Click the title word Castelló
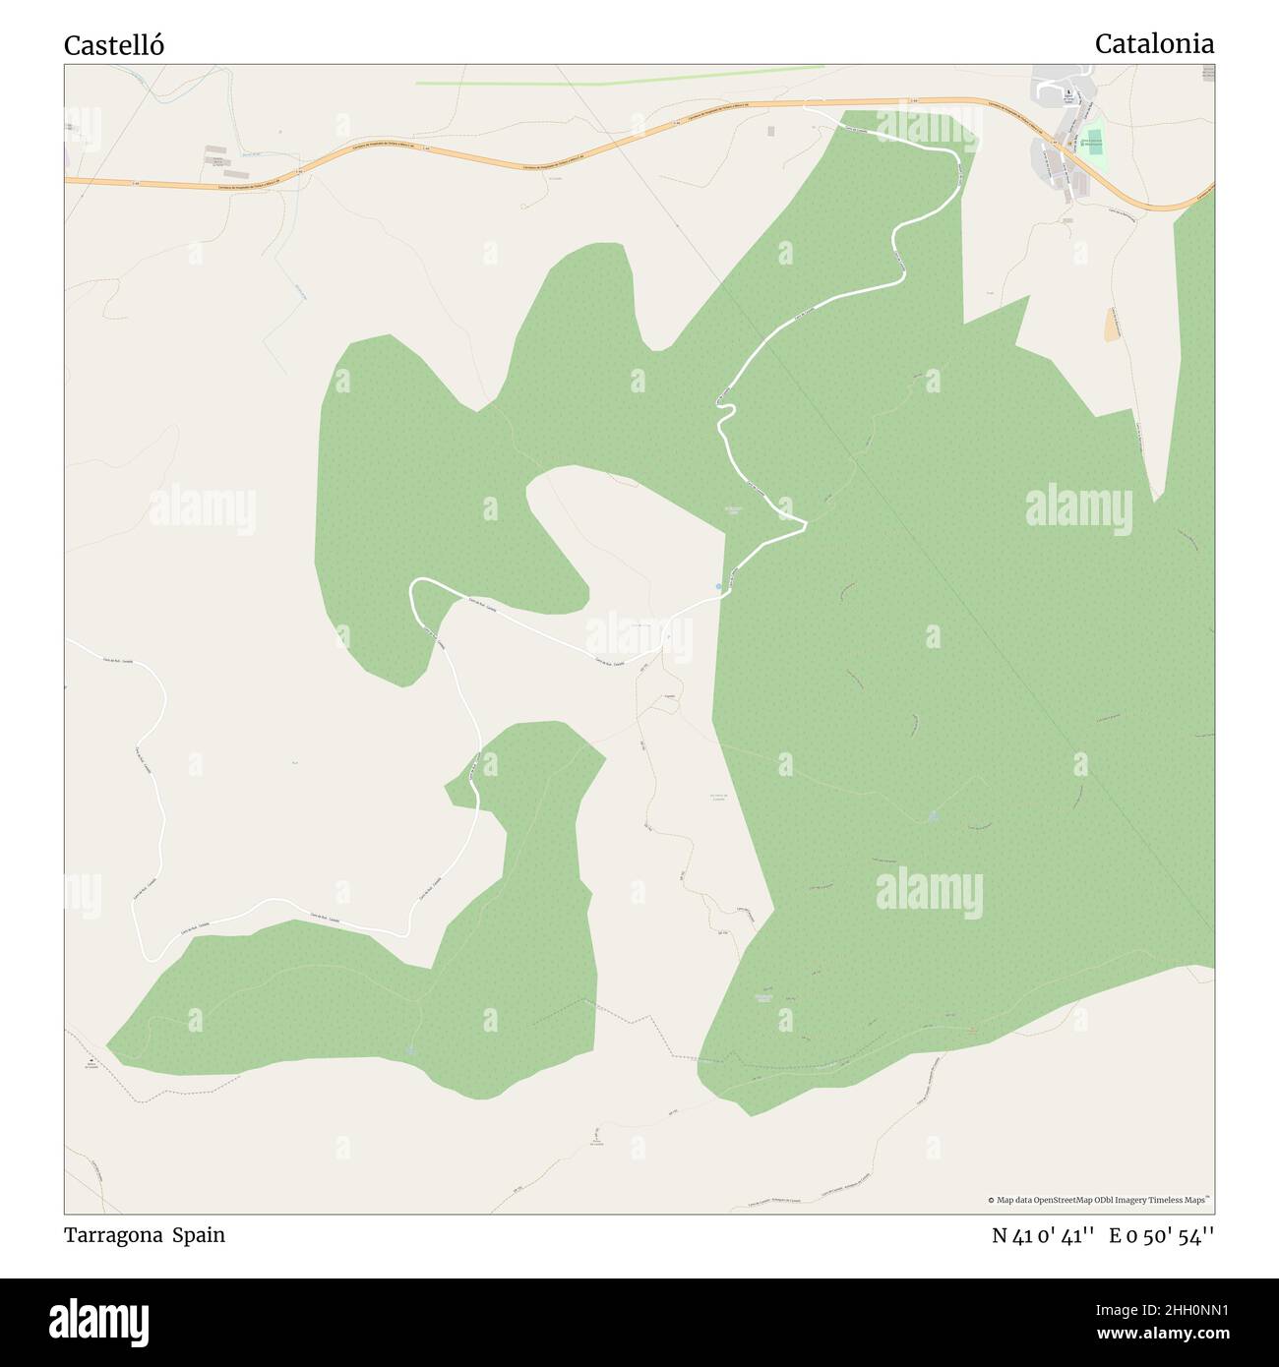[x=114, y=45]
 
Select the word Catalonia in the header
[x=1153, y=43]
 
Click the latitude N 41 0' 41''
[x=1043, y=1236]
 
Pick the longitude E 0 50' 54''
[x=1161, y=1236]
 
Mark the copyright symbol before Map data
[x=992, y=1200]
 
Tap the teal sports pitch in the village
[x=1090, y=142]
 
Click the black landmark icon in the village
[x=1071, y=95]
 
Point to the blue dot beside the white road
[x=718, y=587]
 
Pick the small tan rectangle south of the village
[x=1113, y=326]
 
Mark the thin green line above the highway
[x=620, y=76]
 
